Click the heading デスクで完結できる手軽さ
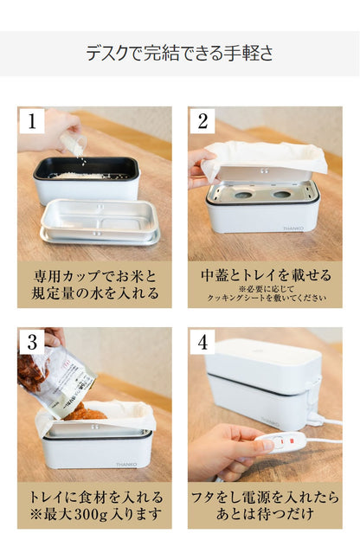click(x=180, y=54)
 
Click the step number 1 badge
click(x=32, y=121)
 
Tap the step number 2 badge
click(x=202, y=121)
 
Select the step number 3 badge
click(x=32, y=341)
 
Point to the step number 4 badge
click(x=202, y=341)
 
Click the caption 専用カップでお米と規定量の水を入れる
click(x=94, y=284)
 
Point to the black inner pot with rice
click(x=87, y=170)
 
